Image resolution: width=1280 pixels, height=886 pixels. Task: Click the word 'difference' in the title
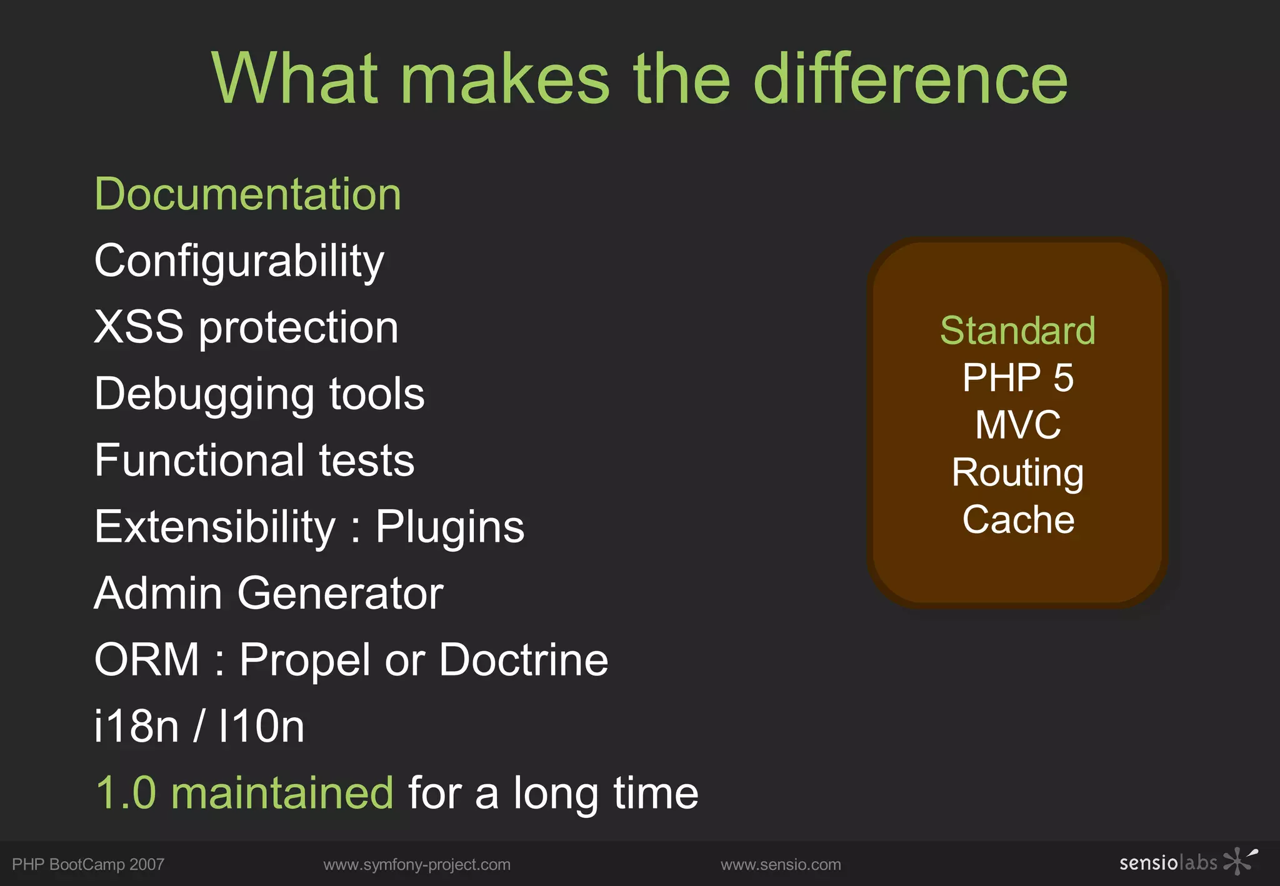910,79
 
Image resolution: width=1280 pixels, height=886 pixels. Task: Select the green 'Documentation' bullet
247,194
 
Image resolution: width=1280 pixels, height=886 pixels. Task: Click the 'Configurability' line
239,261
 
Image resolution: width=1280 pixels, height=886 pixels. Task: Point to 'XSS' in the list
139,327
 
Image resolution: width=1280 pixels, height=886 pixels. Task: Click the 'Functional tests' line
254,460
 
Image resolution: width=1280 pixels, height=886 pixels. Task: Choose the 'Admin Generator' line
269,593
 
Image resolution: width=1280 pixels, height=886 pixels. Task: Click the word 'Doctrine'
523,660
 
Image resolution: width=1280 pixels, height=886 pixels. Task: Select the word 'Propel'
305,661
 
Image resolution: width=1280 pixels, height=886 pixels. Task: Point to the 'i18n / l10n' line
199,726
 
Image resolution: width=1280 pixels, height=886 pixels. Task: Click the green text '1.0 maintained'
244,793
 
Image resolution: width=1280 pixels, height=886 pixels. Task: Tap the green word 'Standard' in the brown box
1017,331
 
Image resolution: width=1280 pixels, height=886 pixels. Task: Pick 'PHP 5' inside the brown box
1017,378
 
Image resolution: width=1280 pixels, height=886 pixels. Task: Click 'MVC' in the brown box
1017,426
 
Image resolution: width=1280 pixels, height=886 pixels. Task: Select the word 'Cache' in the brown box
1018,520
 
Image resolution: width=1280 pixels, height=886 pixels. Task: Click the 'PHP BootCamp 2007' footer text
88,865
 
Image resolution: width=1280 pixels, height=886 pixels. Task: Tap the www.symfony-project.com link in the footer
417,865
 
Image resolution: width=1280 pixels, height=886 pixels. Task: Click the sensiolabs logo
1187,862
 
